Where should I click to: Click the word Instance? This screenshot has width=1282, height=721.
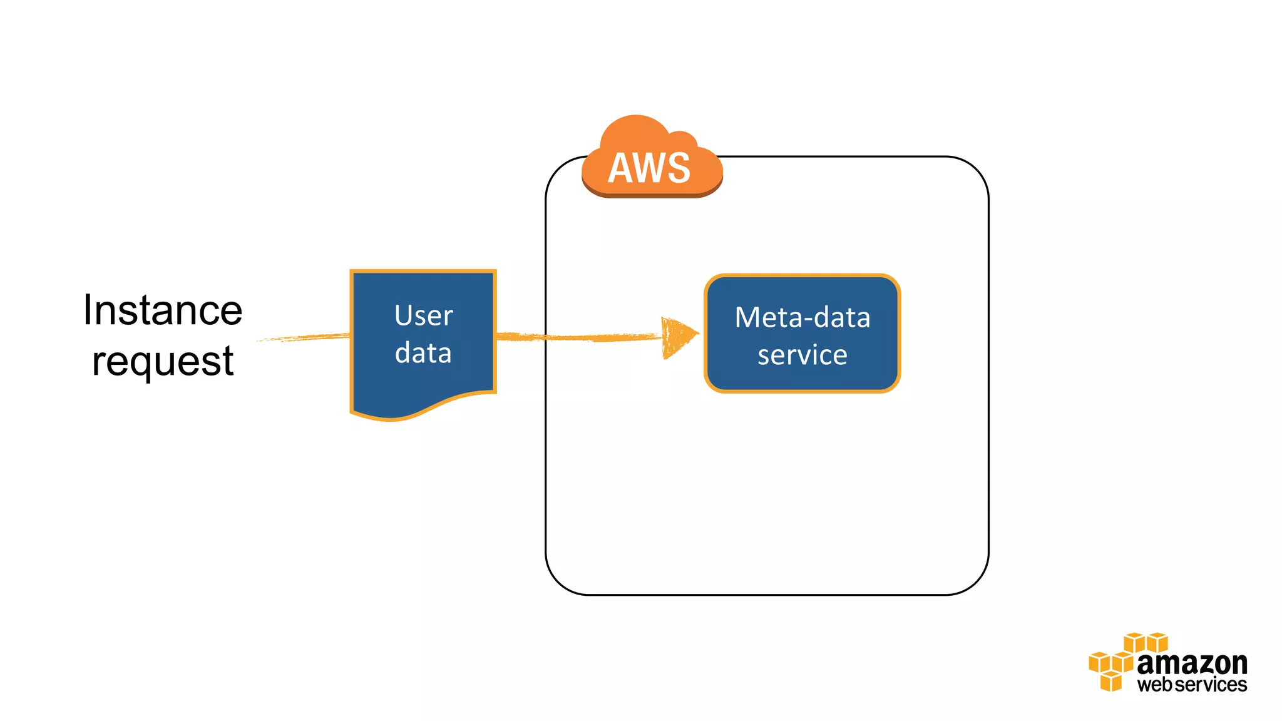coord(163,310)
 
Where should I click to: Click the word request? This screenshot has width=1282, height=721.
coord(163,362)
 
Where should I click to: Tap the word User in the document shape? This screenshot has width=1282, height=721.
coord(423,315)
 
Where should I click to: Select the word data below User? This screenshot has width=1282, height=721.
coord(423,353)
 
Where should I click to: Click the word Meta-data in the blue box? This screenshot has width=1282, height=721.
coord(802,317)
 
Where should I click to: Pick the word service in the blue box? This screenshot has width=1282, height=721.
coord(802,355)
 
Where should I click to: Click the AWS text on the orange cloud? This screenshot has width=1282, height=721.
coord(649,168)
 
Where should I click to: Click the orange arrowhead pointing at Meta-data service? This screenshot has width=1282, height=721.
coord(677,337)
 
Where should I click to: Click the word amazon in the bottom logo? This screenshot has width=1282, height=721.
coord(1192,663)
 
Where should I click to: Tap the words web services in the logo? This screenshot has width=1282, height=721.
coord(1192,685)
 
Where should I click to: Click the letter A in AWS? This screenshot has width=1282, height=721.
coord(620,168)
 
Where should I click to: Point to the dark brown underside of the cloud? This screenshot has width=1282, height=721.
coord(651,193)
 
